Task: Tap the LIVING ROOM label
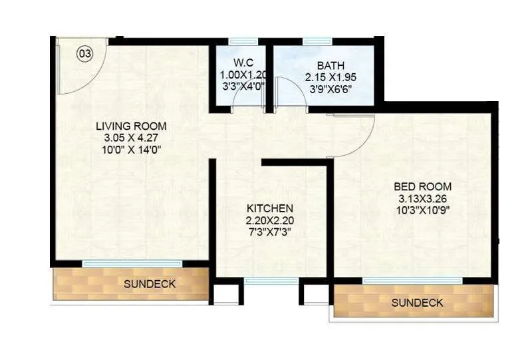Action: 130,126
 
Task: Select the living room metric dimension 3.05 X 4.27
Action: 130,138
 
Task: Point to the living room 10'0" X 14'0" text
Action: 130,150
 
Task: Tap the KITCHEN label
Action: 269,208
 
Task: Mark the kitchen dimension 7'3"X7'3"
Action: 269,232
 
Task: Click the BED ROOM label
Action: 422,186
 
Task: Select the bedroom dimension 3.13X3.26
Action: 422,198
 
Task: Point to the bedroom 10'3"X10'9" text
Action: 422,210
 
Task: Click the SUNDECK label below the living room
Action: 150,284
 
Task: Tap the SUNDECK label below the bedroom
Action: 417,303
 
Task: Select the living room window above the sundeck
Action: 132,264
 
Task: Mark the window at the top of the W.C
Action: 243,41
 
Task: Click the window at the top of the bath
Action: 317,41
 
